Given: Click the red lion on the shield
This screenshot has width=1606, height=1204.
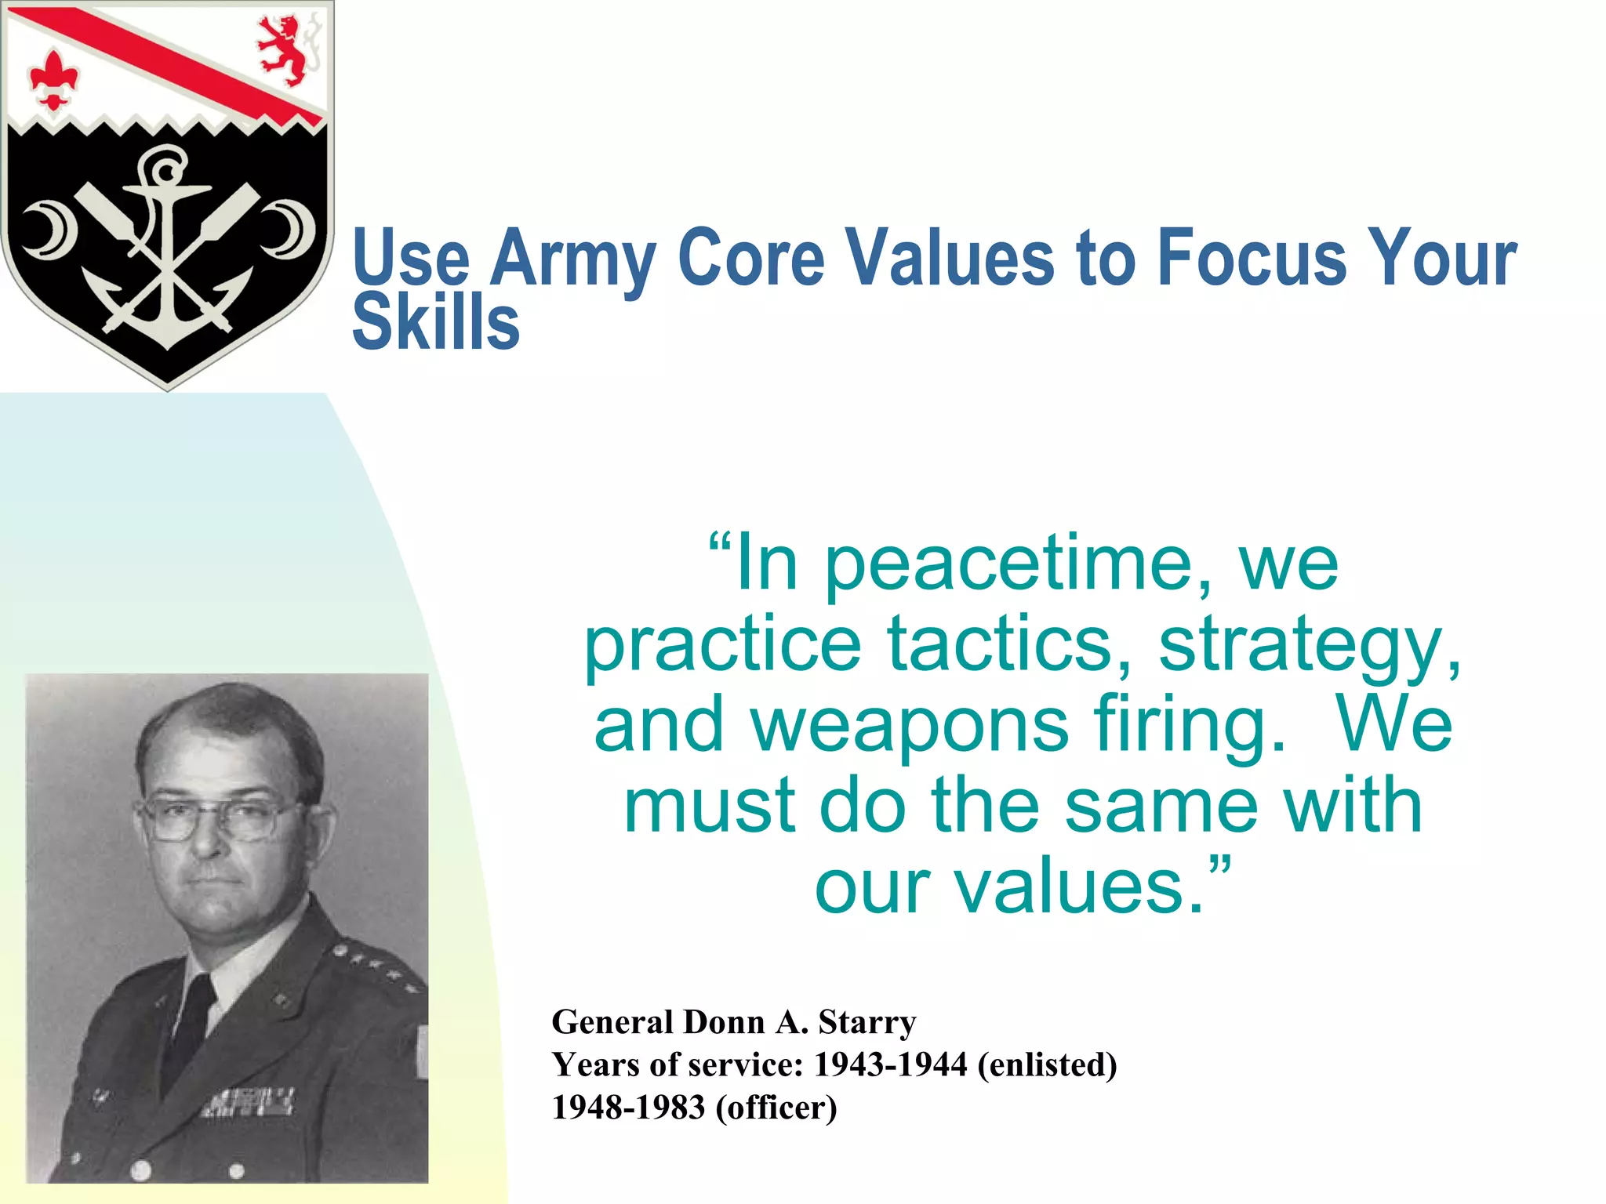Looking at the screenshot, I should click(x=283, y=49).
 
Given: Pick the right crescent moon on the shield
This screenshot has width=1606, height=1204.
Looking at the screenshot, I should click(x=289, y=230).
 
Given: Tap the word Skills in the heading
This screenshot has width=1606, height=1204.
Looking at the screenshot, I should click(x=436, y=322).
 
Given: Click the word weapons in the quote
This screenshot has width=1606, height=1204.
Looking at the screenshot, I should click(x=910, y=726).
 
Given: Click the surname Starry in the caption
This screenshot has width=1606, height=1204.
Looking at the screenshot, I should click(x=867, y=1022).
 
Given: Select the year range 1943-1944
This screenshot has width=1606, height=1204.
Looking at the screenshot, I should click(x=890, y=1064).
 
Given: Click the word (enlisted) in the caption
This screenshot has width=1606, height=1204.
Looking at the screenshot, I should click(x=1047, y=1064).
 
